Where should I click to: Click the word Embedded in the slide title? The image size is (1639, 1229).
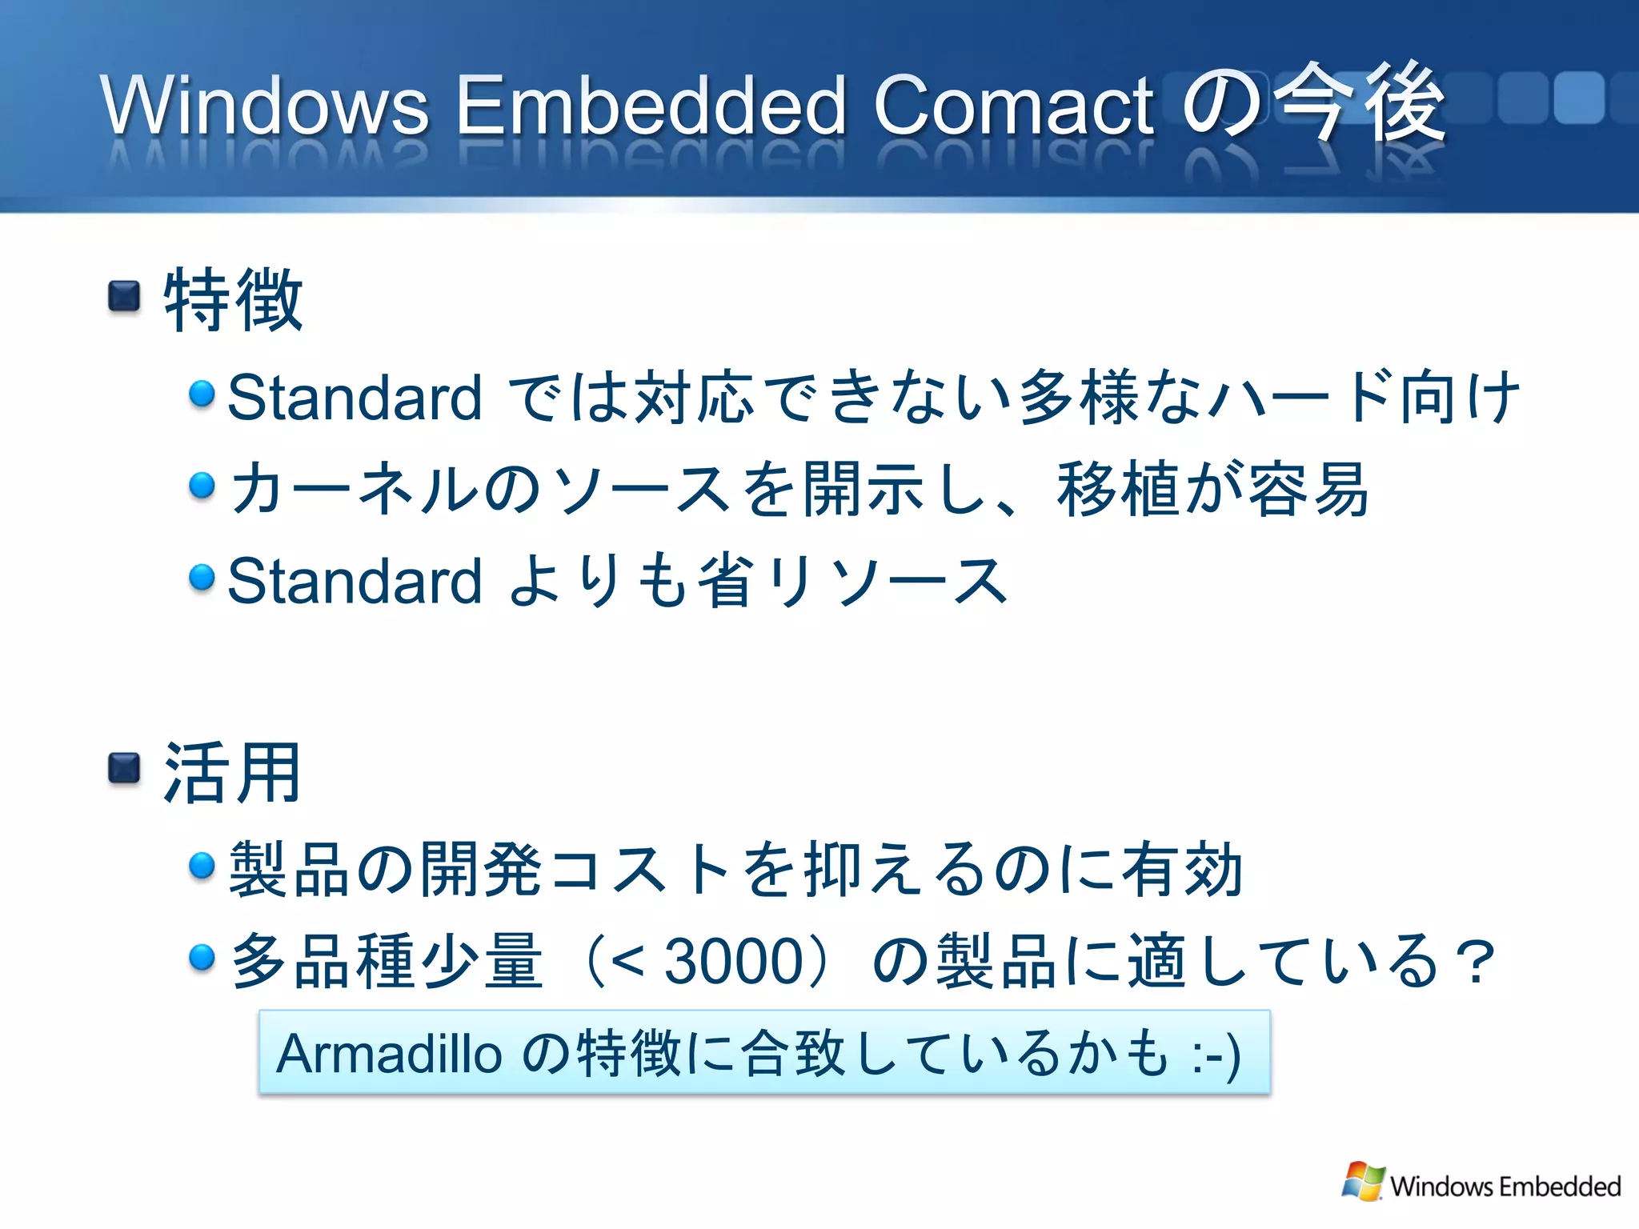650,105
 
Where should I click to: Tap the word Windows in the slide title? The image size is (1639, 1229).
265,105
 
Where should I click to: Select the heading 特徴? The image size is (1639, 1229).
233,299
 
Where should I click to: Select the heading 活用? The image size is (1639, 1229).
233,772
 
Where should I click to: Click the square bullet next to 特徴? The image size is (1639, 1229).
124,297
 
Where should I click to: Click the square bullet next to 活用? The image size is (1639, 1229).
124,769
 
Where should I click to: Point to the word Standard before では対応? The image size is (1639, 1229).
355,398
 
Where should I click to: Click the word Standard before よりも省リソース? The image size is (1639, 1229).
355,581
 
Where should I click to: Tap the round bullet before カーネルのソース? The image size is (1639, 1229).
202,486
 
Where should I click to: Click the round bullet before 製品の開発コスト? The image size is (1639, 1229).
202,866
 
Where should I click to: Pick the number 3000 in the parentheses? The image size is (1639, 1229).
734,961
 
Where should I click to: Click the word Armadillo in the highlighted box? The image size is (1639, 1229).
388,1054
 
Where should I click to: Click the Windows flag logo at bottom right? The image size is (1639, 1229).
1363,1182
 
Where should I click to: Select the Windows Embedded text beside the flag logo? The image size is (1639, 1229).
1505,1186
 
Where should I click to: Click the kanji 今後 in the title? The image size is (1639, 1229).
1359,104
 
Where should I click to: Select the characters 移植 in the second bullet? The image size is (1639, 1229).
1119,490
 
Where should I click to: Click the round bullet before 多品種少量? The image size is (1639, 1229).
202,957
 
